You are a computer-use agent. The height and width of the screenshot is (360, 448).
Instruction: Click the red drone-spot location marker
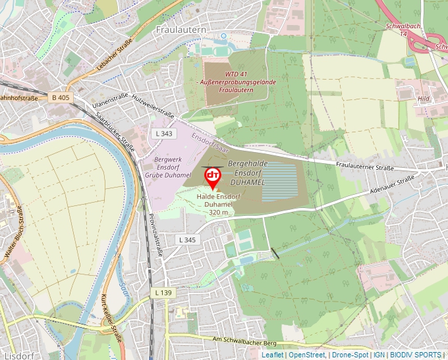(x=212, y=177)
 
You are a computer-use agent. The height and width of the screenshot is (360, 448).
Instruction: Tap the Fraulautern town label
(x=181, y=30)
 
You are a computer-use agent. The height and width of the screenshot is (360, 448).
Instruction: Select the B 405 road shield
(x=60, y=97)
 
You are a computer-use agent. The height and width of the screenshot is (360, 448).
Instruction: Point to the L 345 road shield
(x=187, y=240)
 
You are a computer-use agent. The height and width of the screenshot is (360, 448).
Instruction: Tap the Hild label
(x=423, y=99)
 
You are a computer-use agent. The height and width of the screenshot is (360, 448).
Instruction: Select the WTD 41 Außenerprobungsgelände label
(x=226, y=82)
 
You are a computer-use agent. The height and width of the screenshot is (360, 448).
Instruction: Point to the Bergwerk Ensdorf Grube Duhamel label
(x=162, y=167)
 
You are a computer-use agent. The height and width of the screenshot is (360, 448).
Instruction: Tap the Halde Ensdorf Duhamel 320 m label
(x=219, y=205)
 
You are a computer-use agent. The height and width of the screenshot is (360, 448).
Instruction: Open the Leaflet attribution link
(x=272, y=355)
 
